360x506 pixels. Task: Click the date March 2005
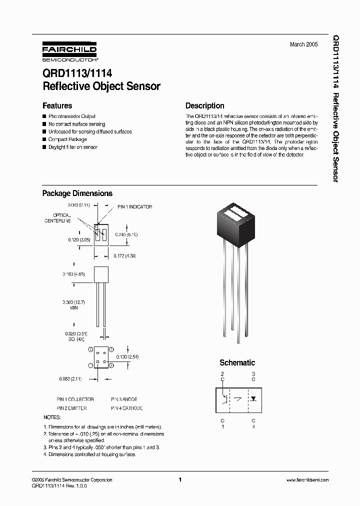(x=303, y=44)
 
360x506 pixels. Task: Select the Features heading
(x=57, y=106)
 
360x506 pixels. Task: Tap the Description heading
(x=204, y=106)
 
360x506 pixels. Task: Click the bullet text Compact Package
(x=67, y=139)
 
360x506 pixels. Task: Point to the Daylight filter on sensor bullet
(x=73, y=147)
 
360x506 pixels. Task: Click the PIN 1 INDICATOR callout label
(x=134, y=207)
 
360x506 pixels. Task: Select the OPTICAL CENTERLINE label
(x=58, y=217)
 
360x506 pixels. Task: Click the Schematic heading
(x=237, y=363)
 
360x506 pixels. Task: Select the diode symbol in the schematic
(x=253, y=399)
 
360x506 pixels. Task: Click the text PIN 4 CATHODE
(x=126, y=408)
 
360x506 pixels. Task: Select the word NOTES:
(x=52, y=417)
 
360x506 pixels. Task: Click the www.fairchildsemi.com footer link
(x=307, y=480)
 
